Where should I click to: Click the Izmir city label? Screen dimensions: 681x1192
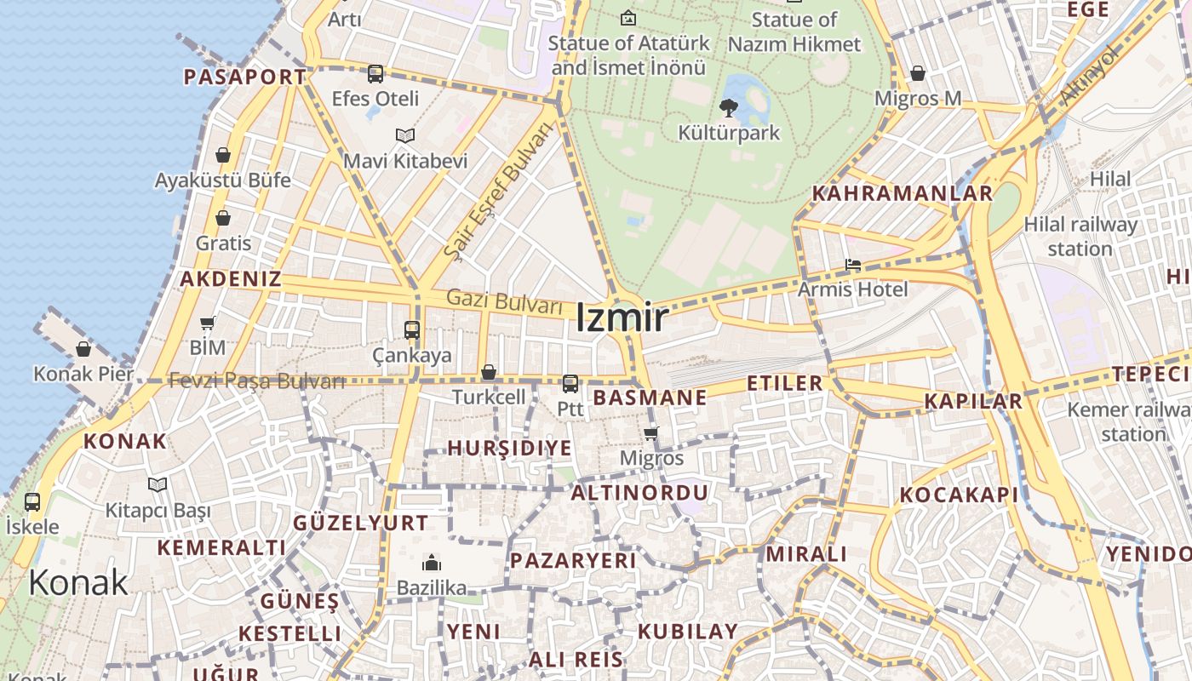tap(622, 318)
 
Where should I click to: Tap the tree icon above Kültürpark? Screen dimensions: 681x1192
tap(728, 108)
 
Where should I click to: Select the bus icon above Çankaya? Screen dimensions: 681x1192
tap(412, 330)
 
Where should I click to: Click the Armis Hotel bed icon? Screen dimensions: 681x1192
tap(853, 266)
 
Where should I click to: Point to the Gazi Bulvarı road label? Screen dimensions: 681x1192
tap(505, 300)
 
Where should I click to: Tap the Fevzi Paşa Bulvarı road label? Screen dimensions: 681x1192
tap(257, 381)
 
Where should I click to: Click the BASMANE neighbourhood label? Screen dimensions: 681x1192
tap(650, 398)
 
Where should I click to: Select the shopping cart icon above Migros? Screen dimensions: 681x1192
tap(651, 434)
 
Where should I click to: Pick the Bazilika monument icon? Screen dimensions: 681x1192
tap(432, 564)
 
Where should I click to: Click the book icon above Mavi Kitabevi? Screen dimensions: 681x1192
tap(405, 136)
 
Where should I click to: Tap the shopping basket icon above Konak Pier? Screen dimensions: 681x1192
tap(83, 349)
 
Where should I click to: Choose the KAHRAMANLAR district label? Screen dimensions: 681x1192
tap(903, 193)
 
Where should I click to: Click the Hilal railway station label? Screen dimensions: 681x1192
tap(1080, 237)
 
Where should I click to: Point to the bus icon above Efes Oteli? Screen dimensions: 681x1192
tap(375, 74)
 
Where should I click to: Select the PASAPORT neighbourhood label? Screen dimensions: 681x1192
tap(245, 77)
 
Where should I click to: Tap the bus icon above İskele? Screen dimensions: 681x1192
tap(32, 502)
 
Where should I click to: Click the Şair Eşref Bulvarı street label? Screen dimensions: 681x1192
tap(498, 191)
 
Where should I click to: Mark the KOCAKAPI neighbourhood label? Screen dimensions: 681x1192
tap(960, 495)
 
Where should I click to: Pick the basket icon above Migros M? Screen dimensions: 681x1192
tap(918, 74)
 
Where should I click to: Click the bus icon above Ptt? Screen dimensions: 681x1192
tap(570, 384)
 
